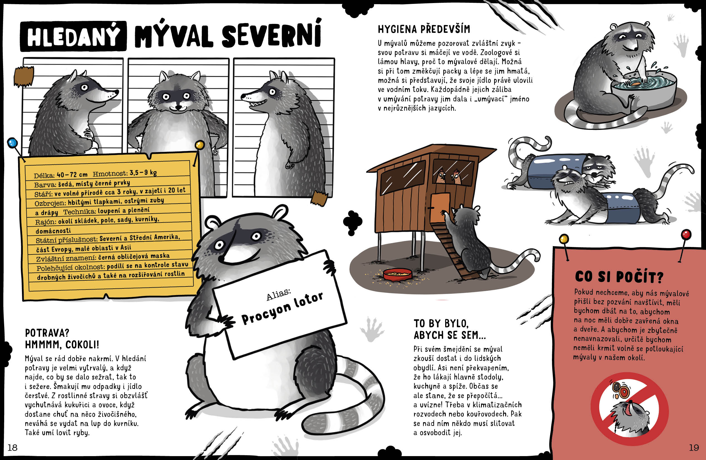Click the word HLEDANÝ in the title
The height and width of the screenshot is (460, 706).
(x=73, y=36)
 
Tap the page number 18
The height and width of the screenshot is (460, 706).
(x=13, y=447)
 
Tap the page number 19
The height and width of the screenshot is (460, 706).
(x=694, y=447)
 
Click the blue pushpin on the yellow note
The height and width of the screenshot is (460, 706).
(x=13, y=143)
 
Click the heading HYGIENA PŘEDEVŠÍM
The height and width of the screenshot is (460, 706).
(x=424, y=29)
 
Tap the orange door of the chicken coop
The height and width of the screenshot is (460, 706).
(x=440, y=207)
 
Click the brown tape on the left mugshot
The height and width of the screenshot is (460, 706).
(x=24, y=76)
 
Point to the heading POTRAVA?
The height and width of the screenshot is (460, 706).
(x=47, y=333)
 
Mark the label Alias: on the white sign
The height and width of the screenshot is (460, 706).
(x=278, y=295)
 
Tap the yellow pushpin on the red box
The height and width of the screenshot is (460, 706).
(x=564, y=239)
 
